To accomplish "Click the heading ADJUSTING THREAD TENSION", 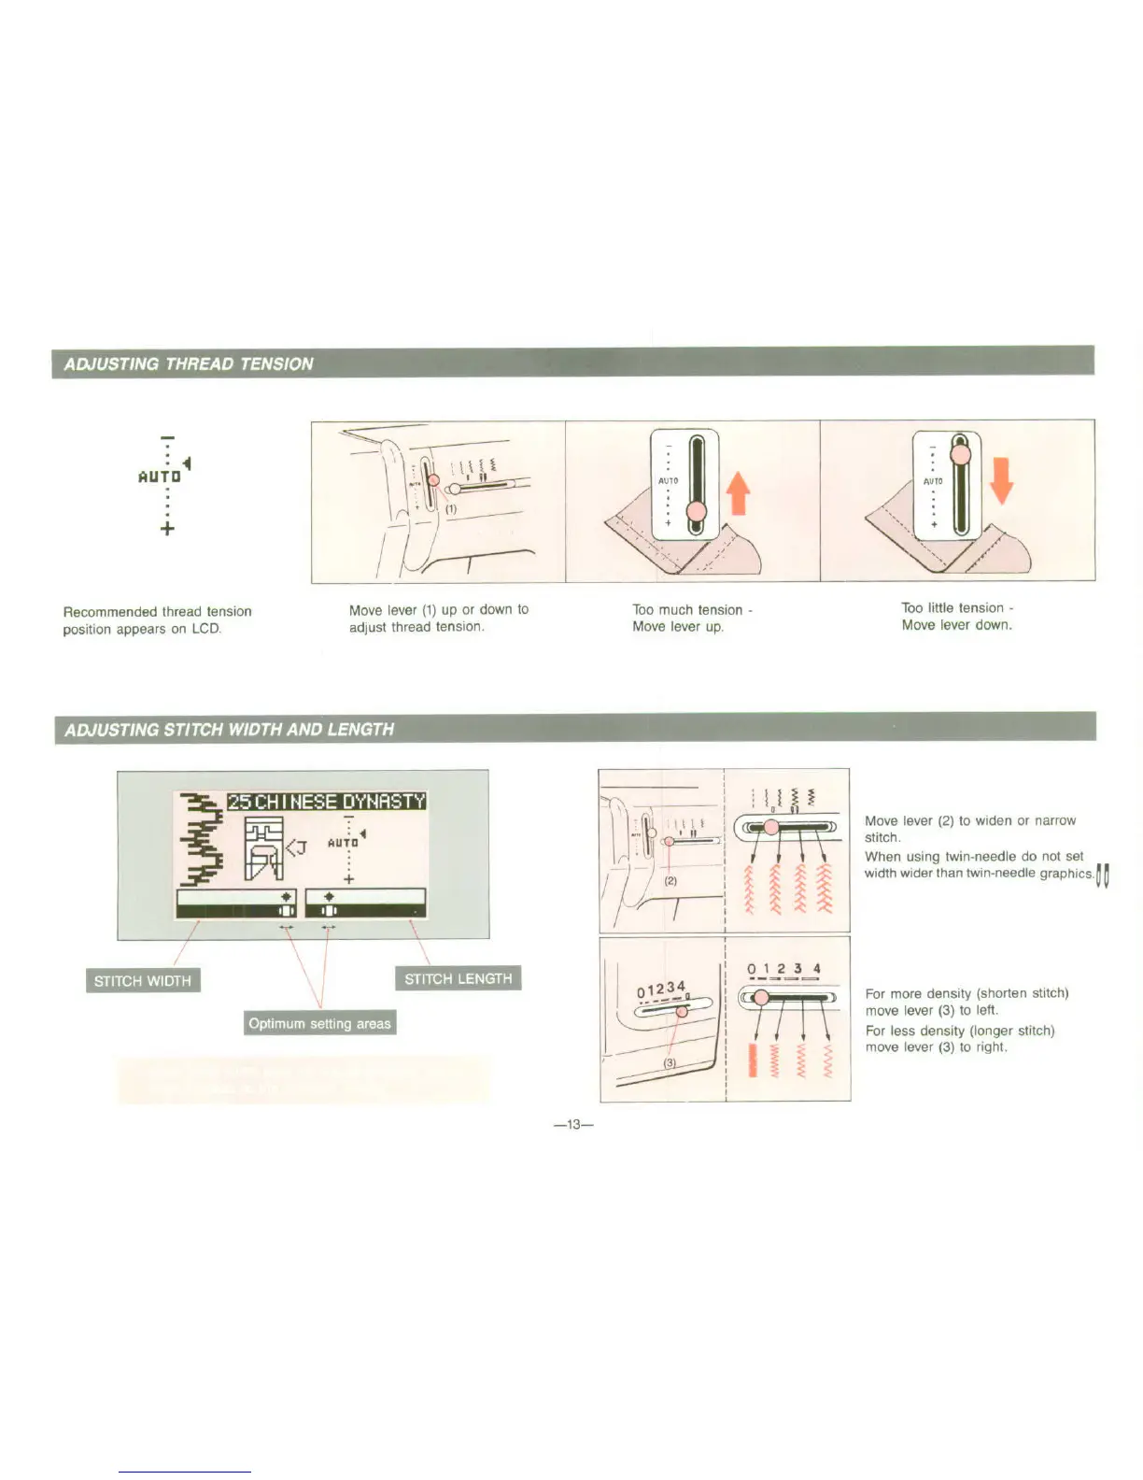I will pyautogui.click(x=189, y=363).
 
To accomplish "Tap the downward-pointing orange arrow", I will pyautogui.click(x=1000, y=479).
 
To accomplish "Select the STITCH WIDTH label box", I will pyautogui.click(x=142, y=980).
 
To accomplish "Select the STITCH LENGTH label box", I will pyautogui.click(x=458, y=978).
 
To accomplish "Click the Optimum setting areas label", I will pyautogui.click(x=319, y=1023).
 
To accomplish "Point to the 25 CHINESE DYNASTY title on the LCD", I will pyautogui.click(x=327, y=802).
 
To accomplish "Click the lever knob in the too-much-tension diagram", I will pyautogui.click(x=697, y=511).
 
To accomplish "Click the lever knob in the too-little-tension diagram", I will pyautogui.click(x=960, y=455).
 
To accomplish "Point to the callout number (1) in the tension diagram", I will pyautogui.click(x=450, y=510).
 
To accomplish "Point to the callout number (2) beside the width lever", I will pyautogui.click(x=670, y=880).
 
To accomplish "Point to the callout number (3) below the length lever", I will pyautogui.click(x=670, y=1063).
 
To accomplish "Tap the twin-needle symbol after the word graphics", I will pyautogui.click(x=1104, y=875).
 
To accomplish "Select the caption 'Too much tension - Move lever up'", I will pyautogui.click(x=692, y=618).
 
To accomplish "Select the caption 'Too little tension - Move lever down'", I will pyautogui.click(x=956, y=617).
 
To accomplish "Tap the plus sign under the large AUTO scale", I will pyautogui.click(x=167, y=529).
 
